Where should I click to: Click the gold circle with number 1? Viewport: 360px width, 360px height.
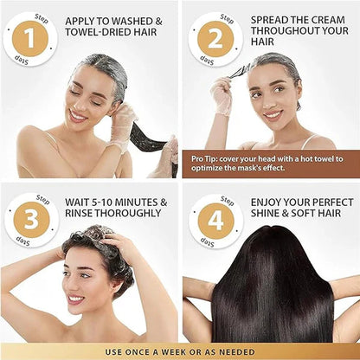tap(30, 39)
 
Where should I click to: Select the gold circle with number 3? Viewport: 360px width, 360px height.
tap(30, 220)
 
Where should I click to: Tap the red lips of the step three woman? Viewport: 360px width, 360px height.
tap(75, 299)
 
